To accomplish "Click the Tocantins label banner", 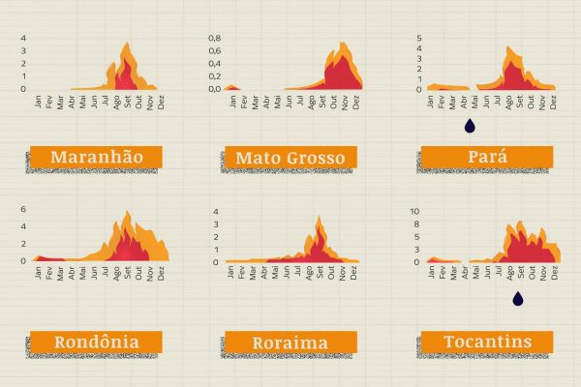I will point(486,342).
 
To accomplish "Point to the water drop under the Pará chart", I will point(471,125).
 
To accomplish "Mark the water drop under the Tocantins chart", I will point(518,299).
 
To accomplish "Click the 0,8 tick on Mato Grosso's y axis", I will point(216,39).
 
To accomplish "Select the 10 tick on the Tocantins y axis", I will point(414,211).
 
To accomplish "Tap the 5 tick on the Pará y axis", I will point(418,39).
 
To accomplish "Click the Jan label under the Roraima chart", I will point(231,272).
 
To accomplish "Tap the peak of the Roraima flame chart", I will point(320,218).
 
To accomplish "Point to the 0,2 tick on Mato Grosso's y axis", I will point(216,76).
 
